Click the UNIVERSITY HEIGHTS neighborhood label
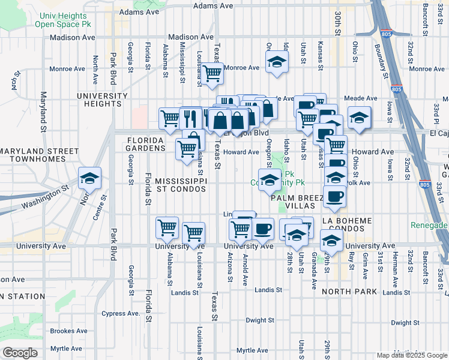click(x=102, y=100)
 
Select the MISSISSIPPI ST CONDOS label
click(x=181, y=185)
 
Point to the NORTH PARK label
click(x=349, y=292)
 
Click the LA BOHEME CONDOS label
click(x=352, y=225)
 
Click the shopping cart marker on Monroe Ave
click(x=212, y=73)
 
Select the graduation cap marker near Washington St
click(x=89, y=178)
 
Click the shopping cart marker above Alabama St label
click(x=167, y=227)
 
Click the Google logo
click(x=20, y=353)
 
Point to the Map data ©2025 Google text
click(x=412, y=355)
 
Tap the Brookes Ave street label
click(x=69, y=331)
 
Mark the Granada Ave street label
click(x=314, y=262)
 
